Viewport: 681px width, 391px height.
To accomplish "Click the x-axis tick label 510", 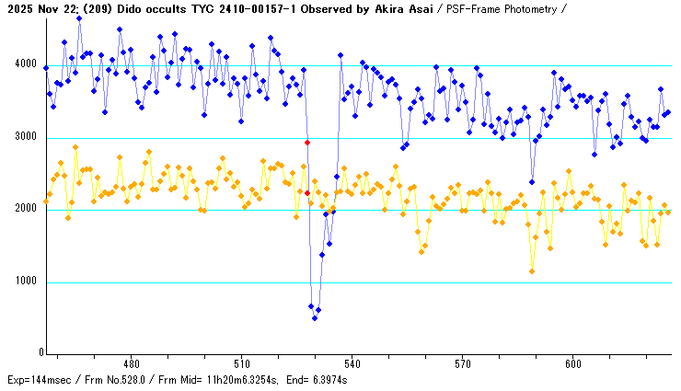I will (x=241, y=362).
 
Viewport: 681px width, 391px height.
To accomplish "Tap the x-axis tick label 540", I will (x=352, y=362).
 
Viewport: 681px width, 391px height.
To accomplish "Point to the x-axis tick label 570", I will (x=462, y=362).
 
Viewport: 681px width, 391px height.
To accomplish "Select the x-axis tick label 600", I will (x=572, y=362).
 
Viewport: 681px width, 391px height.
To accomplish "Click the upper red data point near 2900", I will (x=307, y=143).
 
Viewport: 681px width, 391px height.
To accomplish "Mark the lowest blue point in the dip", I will (x=315, y=318).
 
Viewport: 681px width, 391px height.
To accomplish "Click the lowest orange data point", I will (x=532, y=270).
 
